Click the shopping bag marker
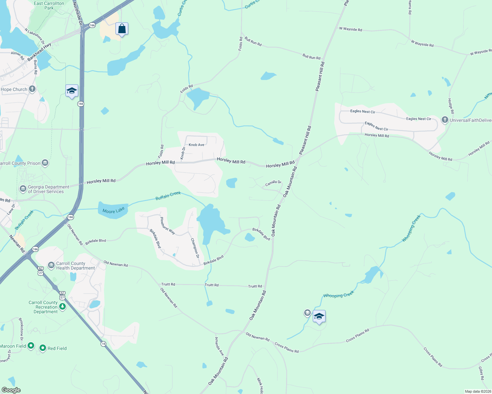[122, 29]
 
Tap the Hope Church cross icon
[32, 89]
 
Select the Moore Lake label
[113, 210]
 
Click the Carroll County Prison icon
[45, 163]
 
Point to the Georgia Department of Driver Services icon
[23, 189]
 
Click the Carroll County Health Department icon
[51, 265]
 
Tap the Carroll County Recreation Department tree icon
[62, 307]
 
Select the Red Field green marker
[43, 348]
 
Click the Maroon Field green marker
[31, 346]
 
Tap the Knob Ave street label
[196, 145]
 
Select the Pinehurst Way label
[167, 226]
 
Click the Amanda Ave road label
[219, 346]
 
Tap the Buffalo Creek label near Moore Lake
[168, 196]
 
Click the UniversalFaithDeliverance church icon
[445, 120]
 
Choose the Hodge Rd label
[451, 106]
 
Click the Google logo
[11, 390]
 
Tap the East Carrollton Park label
[49, 6]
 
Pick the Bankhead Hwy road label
[39, 52]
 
